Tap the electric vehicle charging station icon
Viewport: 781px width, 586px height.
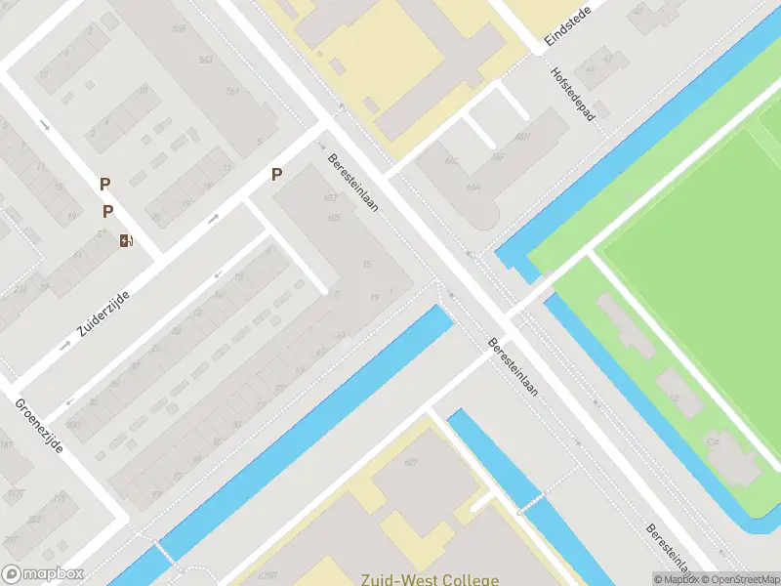pyautogui.click(x=126, y=240)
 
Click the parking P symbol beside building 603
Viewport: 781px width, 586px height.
pyautogui.click(x=277, y=174)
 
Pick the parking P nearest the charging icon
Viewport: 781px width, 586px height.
pyautogui.click(x=108, y=211)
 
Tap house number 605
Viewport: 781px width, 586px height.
pyautogui.click(x=335, y=217)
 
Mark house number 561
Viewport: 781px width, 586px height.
pyautogui.click(x=233, y=91)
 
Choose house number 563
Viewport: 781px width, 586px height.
pyautogui.click(x=206, y=59)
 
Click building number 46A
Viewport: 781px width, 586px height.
pyautogui.click(x=473, y=186)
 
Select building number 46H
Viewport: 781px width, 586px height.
pyautogui.click(x=523, y=136)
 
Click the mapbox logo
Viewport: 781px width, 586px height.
pyautogui.click(x=42, y=573)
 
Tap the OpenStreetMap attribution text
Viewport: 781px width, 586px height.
pyautogui.click(x=738, y=579)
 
